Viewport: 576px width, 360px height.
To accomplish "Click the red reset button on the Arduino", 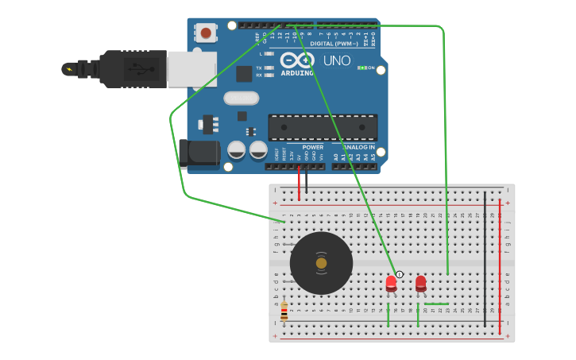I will (207, 33).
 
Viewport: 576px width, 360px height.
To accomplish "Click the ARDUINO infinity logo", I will (297, 61).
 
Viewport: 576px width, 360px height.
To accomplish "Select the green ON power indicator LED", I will (361, 68).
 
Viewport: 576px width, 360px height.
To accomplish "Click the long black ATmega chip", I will (323, 127).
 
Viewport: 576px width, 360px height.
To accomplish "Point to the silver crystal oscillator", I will (241, 98).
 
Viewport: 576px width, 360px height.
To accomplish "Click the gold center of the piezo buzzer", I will (321, 263).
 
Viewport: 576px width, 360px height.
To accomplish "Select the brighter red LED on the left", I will (391, 282).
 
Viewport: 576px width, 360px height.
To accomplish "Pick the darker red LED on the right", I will (420, 282).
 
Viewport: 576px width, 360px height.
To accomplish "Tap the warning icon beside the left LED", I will (400, 274).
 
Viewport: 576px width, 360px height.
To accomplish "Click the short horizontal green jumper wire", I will (436, 303).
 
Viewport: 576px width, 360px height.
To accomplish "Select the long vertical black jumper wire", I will (485, 258).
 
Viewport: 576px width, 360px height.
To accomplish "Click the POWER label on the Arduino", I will (312, 147).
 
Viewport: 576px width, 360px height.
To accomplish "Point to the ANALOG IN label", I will (358, 147).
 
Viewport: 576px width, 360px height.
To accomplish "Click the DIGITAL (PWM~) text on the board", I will (334, 43).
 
